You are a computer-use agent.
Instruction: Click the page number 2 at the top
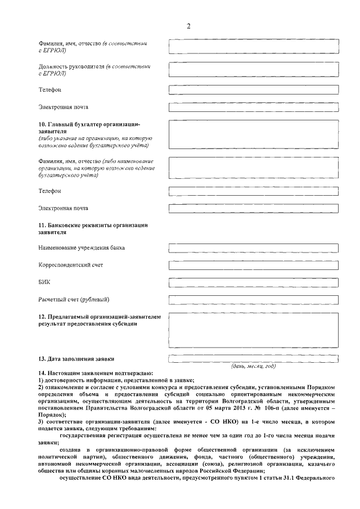click(x=189, y=26)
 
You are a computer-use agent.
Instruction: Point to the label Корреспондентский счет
click(x=71, y=264)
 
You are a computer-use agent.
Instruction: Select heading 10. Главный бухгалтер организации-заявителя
click(x=88, y=127)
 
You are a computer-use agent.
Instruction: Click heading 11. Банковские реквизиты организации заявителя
click(x=93, y=228)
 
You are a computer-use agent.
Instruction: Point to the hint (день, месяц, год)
click(x=254, y=366)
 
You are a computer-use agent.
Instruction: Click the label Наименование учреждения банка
click(x=82, y=247)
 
